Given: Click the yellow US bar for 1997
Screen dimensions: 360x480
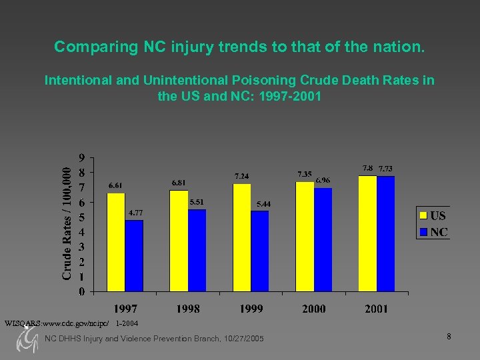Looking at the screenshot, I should [x=116, y=242].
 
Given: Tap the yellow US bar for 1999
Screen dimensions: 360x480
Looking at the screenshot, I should [x=241, y=237].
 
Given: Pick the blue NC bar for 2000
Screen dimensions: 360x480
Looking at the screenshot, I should [x=323, y=239].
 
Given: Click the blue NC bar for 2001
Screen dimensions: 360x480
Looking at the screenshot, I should [x=385, y=233].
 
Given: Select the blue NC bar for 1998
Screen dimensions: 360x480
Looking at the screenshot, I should [x=197, y=251].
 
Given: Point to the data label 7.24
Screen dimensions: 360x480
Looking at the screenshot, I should [x=241, y=176].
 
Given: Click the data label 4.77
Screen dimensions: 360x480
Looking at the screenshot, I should [x=135, y=213].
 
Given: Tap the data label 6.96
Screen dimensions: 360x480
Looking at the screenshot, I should [x=323, y=180].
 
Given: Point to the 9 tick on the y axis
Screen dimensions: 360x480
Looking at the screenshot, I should [x=81, y=158].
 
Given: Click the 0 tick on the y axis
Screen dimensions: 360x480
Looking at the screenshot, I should [x=81, y=291].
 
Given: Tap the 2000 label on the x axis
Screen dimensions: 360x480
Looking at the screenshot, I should [x=313, y=309].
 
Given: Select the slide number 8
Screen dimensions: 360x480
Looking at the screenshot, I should [x=449, y=337].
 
